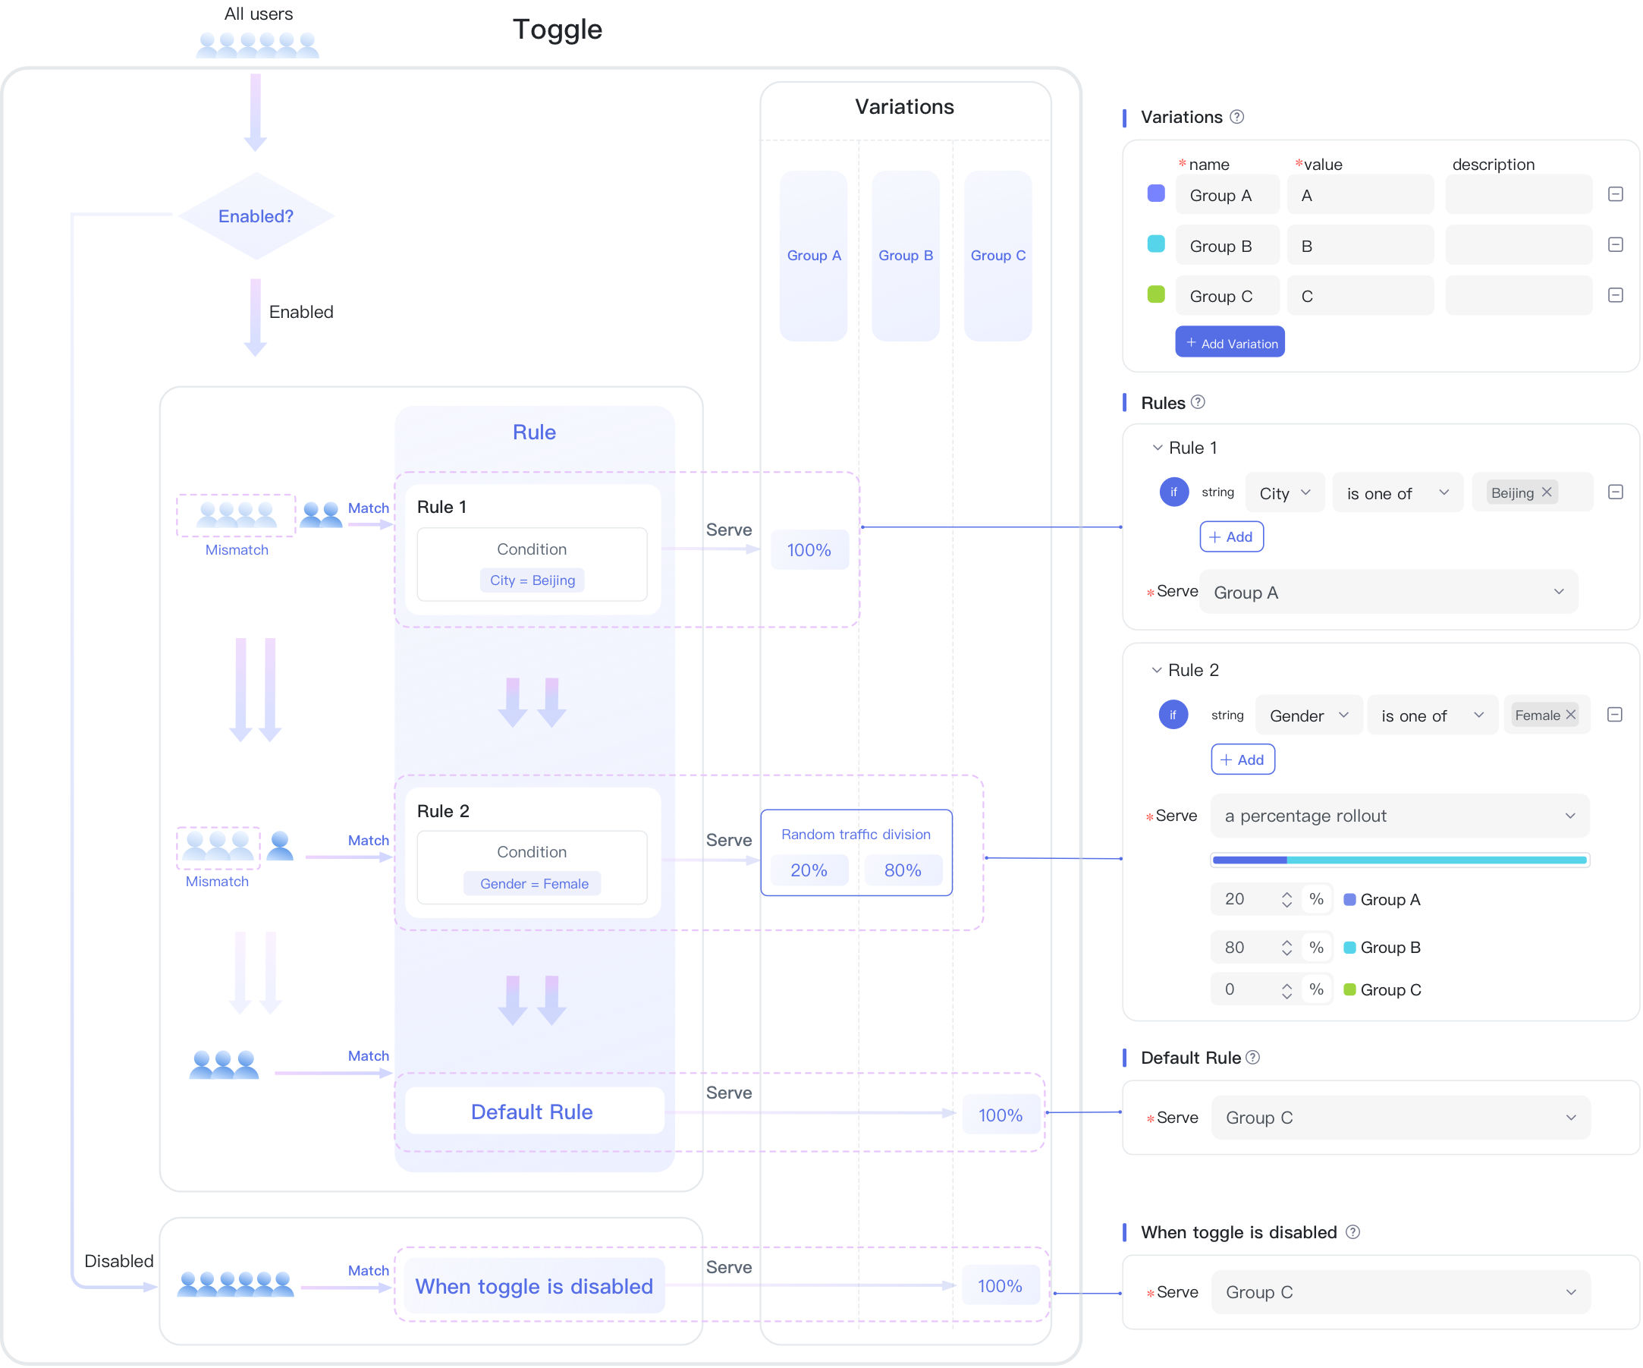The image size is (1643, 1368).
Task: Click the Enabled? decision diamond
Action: tap(256, 216)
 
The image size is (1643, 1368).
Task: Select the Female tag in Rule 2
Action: tap(1544, 715)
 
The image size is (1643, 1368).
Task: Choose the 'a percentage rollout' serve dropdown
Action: tap(1400, 816)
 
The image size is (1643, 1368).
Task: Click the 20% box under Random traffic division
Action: tap(809, 870)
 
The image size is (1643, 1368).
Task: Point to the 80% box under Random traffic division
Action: tap(903, 870)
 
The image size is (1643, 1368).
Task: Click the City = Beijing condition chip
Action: tap(532, 580)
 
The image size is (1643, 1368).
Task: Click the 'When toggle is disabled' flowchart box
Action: tap(533, 1286)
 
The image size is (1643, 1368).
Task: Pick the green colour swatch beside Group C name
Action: tap(1155, 295)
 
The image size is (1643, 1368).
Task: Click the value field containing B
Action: tap(1361, 246)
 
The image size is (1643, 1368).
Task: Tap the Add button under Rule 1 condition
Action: tap(1231, 537)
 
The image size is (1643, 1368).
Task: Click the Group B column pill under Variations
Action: tap(906, 256)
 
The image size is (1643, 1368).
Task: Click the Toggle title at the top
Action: tap(558, 30)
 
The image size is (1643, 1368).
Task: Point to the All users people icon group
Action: tap(257, 46)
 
